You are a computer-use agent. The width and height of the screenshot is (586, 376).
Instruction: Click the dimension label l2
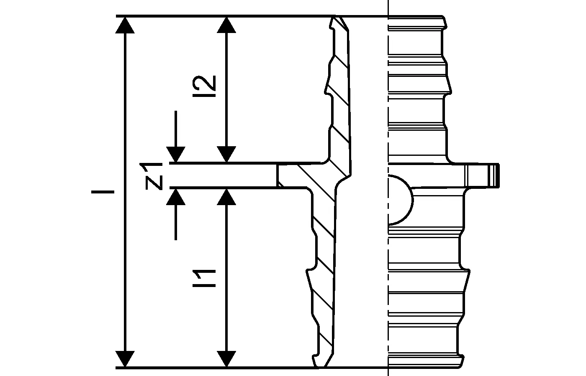[208, 86]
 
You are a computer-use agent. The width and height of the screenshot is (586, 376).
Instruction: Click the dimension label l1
[208, 278]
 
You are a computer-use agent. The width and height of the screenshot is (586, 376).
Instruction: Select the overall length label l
[103, 192]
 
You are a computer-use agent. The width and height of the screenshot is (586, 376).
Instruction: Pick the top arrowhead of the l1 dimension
[226, 197]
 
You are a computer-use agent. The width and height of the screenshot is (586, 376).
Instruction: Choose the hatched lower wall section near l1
[325, 272]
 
